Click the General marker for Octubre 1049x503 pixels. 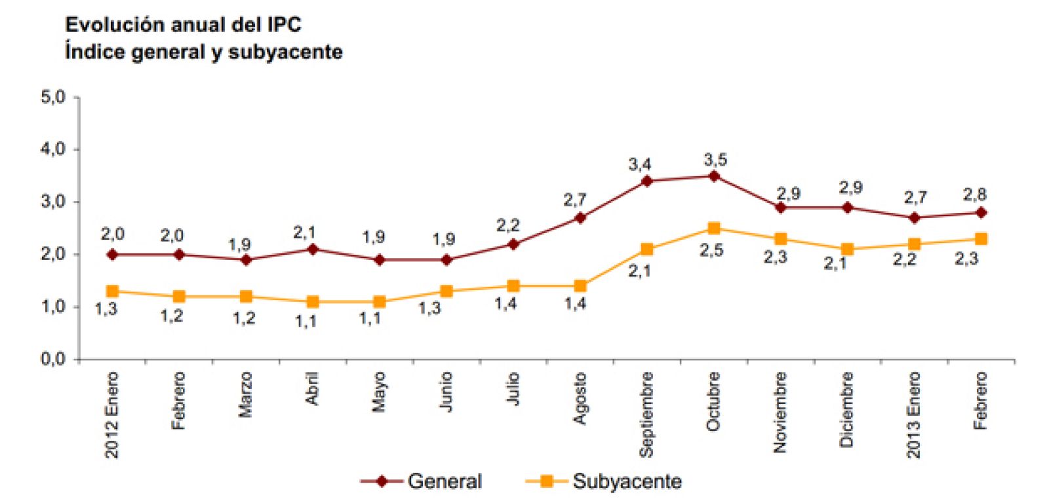pos(714,176)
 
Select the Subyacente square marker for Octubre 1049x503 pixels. pos(714,229)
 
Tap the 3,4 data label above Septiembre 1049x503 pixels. pos(639,164)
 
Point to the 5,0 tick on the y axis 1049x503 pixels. pos(53,98)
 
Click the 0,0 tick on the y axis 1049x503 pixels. pos(53,359)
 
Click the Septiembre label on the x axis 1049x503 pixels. pos(646,414)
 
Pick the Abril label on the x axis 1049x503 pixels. pos(313,388)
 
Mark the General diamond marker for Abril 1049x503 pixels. pos(313,250)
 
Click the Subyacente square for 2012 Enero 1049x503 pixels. pos(112,291)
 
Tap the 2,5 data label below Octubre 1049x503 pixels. pos(711,251)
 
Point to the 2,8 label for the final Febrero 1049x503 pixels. pos(974,195)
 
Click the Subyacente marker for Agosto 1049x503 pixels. pos(580,286)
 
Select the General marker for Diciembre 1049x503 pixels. pos(847,208)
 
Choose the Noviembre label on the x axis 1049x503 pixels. pos(780,412)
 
